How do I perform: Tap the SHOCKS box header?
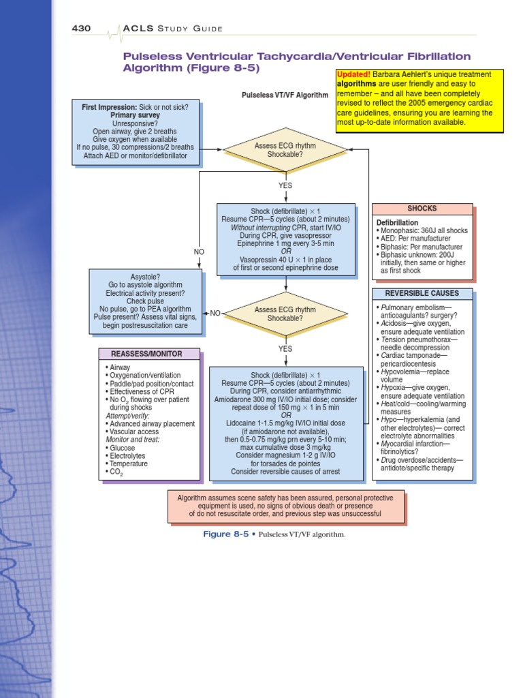[x=422, y=209]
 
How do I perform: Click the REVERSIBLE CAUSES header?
[x=422, y=293]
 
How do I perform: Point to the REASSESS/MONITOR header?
[x=149, y=354]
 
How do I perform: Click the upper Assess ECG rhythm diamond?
[x=285, y=150]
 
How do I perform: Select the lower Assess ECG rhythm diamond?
[x=285, y=314]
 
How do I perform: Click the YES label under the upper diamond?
[x=285, y=185]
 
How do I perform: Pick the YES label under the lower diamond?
[x=285, y=349]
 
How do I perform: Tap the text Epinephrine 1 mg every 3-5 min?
[x=285, y=243]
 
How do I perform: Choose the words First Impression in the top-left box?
[x=108, y=107]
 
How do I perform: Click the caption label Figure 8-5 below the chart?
[x=226, y=534]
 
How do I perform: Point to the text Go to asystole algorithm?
[x=145, y=284]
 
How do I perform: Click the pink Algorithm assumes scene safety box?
[x=285, y=506]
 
